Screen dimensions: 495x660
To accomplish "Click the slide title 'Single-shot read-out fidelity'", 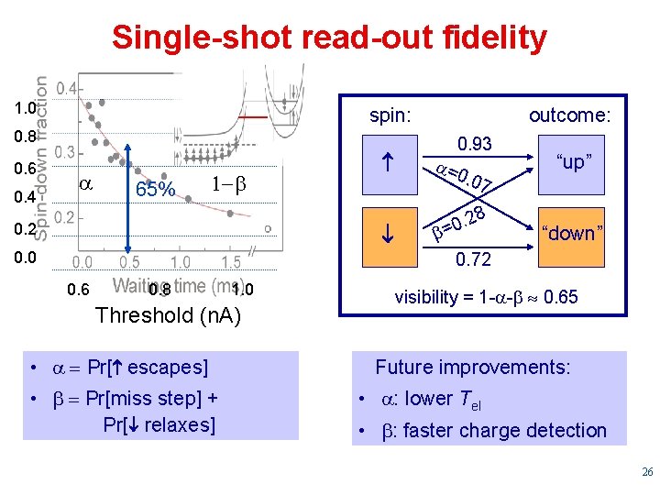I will pos(329,38).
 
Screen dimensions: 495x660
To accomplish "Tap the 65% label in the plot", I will pos(155,191).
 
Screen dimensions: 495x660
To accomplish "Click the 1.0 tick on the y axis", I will pos(25,108).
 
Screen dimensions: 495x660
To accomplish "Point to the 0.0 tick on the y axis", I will pos(25,259).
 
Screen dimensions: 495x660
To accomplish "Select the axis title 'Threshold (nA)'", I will pos(168,316).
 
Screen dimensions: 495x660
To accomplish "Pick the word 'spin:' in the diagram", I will pos(390,115).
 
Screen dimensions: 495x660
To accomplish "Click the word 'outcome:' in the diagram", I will pos(569,115).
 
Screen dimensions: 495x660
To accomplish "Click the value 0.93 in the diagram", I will pos(475,144).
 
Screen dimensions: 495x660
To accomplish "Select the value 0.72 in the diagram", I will pos(473,260).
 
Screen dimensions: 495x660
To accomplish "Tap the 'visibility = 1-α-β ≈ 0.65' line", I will pos(486,297).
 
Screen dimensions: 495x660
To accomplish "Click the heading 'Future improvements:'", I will pos(472,368).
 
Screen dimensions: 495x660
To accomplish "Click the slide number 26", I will pos(646,473).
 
